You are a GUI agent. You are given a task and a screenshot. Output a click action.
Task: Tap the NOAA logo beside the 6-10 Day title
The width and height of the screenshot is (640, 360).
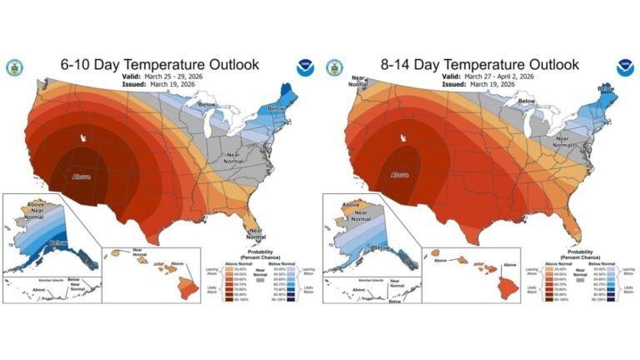tap(304, 67)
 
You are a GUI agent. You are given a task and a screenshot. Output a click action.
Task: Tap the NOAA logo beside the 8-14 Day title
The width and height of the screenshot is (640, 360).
tap(624, 67)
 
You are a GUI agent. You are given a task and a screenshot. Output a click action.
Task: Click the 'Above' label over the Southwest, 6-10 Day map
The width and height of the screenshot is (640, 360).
tap(81, 176)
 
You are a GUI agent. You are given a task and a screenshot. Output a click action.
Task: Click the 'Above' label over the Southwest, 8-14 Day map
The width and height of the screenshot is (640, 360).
tap(401, 176)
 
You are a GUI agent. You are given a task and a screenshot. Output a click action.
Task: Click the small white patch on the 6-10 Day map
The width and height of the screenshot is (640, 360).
tap(82, 138)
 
